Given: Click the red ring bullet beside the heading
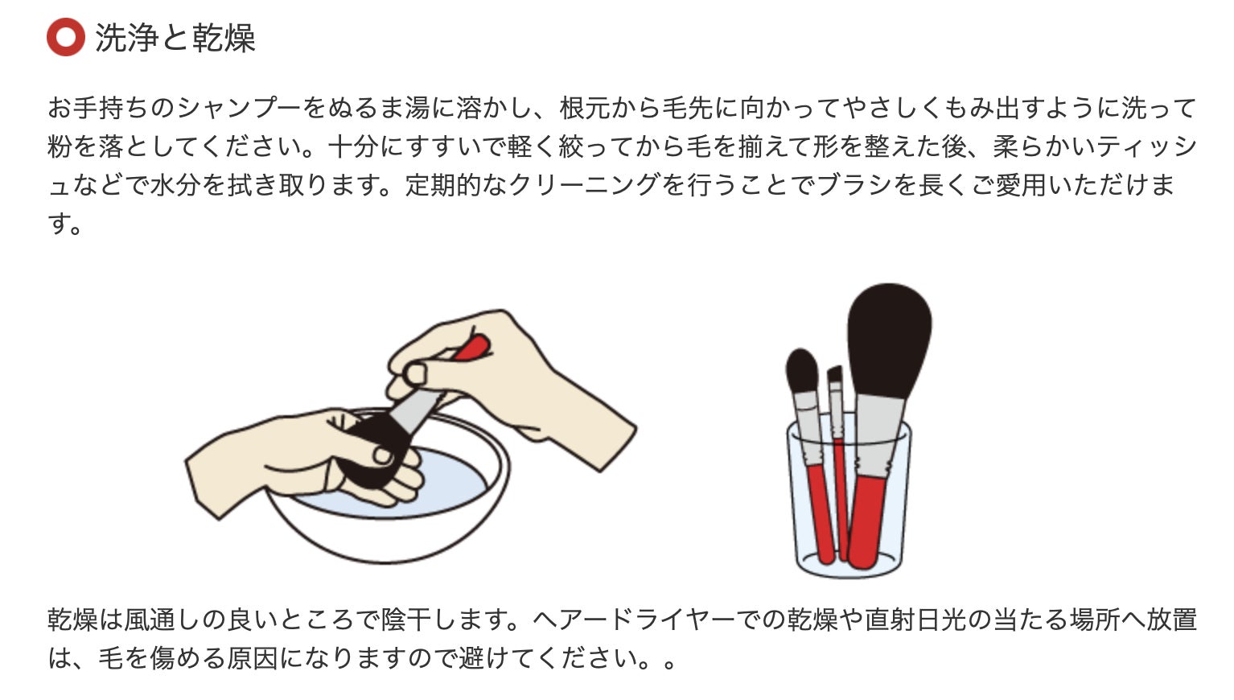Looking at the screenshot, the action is click(65, 38).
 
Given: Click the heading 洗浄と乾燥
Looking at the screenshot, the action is click(175, 38).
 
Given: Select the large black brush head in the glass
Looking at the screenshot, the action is click(889, 337).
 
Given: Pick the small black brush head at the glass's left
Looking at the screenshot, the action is click(802, 370).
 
